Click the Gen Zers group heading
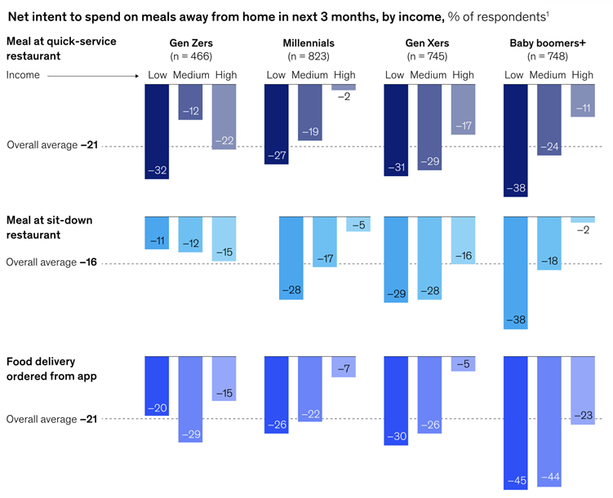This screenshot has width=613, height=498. [x=191, y=43]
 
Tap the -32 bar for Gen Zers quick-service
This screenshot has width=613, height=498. [x=158, y=130]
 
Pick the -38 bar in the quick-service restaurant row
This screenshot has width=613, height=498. [x=515, y=139]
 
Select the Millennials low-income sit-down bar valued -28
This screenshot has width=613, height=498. [x=291, y=258]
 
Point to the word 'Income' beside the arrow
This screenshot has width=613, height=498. [x=23, y=75]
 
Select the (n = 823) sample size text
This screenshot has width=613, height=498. [x=310, y=57]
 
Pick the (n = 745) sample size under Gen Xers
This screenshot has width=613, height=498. [x=429, y=57]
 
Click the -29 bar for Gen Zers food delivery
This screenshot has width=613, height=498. [x=191, y=399]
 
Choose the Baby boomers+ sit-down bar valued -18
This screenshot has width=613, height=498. [x=549, y=243]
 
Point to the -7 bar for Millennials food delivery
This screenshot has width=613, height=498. [x=344, y=367]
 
